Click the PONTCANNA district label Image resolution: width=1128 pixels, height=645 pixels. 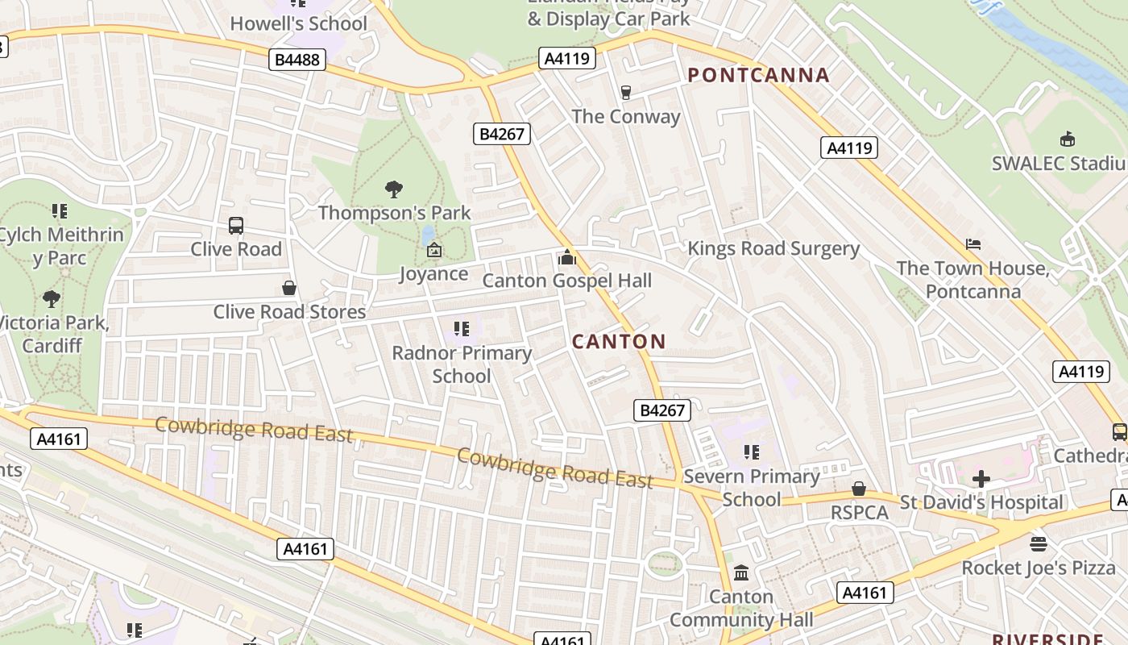click(758, 76)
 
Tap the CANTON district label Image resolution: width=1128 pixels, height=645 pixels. click(619, 342)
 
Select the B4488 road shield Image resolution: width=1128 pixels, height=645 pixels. click(297, 59)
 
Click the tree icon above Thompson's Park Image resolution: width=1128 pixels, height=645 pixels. click(394, 189)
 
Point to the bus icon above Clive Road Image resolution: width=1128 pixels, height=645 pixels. click(236, 226)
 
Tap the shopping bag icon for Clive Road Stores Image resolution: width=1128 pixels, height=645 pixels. click(289, 288)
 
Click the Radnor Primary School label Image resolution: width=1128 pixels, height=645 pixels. click(462, 364)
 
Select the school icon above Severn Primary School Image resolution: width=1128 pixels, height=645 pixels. click(752, 452)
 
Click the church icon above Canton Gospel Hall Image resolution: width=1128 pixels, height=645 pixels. click(566, 257)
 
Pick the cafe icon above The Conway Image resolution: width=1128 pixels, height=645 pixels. click(625, 93)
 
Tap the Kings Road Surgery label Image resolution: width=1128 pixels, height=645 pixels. click(773, 248)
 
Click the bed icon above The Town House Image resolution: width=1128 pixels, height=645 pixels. click(973, 244)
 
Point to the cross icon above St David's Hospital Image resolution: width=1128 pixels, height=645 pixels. click(981, 479)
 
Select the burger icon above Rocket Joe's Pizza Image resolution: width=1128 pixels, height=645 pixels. click(1039, 544)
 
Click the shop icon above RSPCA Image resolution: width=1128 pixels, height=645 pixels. click(859, 489)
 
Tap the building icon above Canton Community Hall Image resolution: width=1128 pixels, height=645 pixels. click(741, 573)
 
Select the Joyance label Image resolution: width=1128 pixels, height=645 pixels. click(433, 274)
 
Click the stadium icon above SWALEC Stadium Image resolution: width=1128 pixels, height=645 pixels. click(1068, 139)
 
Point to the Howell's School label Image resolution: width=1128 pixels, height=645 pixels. click(298, 23)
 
